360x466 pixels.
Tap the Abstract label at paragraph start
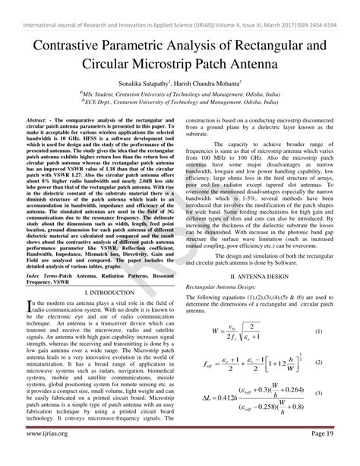[x=39, y=122]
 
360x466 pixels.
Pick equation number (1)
[x=318, y=332]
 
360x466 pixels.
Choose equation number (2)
[x=318, y=362]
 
